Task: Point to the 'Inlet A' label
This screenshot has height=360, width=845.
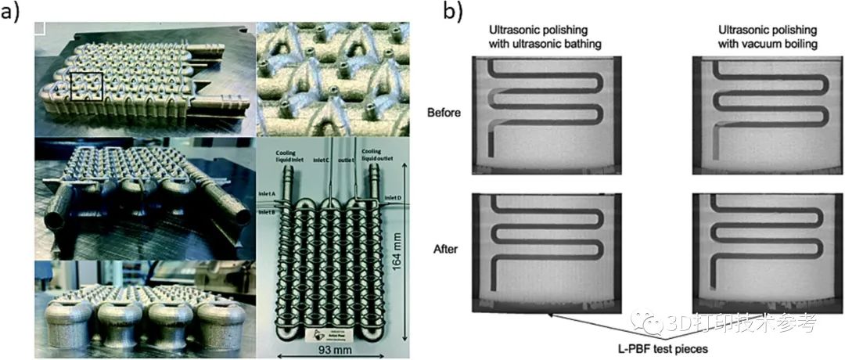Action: click(269, 196)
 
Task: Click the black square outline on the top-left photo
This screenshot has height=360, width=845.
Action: click(88, 85)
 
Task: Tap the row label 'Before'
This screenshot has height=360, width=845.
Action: click(444, 112)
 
